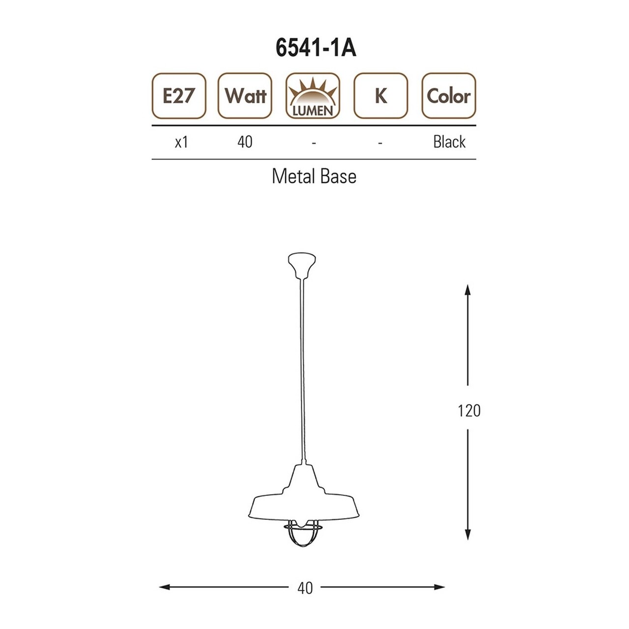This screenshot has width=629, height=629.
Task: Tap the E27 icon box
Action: click(x=179, y=96)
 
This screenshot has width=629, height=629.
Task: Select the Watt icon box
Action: click(x=245, y=96)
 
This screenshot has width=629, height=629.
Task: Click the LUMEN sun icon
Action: click(x=313, y=96)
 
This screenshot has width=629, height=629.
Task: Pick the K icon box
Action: click(x=381, y=96)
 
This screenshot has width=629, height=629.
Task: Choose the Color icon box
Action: click(x=449, y=96)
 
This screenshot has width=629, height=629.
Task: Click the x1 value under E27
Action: click(x=181, y=143)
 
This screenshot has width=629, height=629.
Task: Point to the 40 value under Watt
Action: click(x=245, y=142)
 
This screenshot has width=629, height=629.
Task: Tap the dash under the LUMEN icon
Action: click(x=314, y=143)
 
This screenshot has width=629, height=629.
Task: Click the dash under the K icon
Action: click(x=380, y=143)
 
